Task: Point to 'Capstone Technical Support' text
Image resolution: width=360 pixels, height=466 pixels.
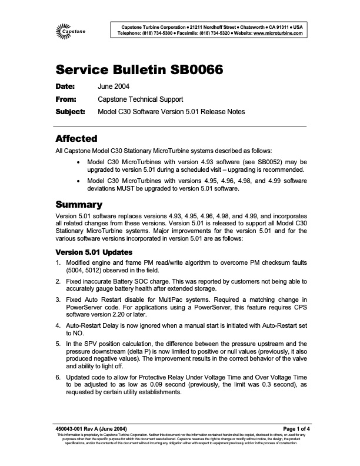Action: (141, 99)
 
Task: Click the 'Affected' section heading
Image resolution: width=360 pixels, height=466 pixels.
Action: (76, 139)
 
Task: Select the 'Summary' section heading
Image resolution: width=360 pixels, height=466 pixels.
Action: (79, 205)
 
